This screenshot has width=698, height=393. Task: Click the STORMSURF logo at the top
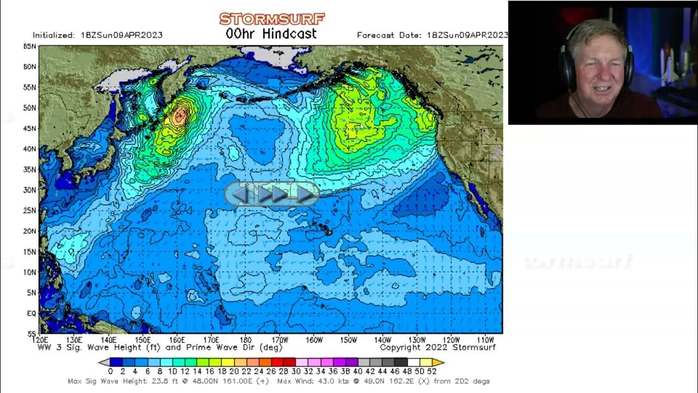point(272,19)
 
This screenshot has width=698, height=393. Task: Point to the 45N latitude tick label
point(29,128)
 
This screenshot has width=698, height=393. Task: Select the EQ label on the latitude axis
point(32,313)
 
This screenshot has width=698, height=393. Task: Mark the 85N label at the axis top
point(29,47)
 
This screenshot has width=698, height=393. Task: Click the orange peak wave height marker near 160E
point(179,115)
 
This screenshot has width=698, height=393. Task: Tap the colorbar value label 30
point(296,372)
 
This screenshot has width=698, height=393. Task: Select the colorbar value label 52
point(432,372)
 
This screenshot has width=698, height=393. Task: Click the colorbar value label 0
point(110,372)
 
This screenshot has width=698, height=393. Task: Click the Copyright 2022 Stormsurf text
point(437,347)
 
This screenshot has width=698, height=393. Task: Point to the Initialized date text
point(98,35)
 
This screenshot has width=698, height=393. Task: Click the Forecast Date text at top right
point(432,35)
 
